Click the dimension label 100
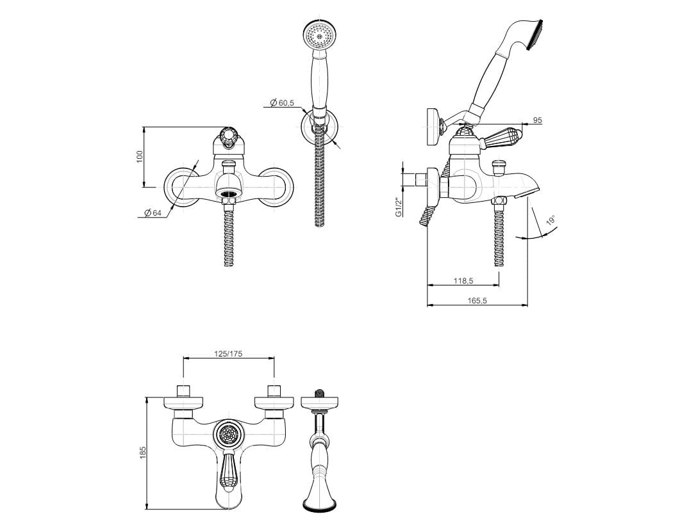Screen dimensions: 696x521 click(x=140, y=157)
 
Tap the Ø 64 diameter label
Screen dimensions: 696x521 click(x=153, y=213)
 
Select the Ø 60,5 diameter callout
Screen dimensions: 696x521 click(x=282, y=103)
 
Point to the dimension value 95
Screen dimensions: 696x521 click(x=538, y=120)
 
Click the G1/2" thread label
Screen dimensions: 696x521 click(x=398, y=207)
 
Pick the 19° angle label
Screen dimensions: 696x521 click(x=551, y=221)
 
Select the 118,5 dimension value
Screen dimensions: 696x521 click(x=463, y=281)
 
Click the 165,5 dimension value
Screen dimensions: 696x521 click(x=477, y=301)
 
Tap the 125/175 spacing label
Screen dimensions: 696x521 click(x=229, y=354)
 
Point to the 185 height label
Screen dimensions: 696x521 click(x=142, y=453)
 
